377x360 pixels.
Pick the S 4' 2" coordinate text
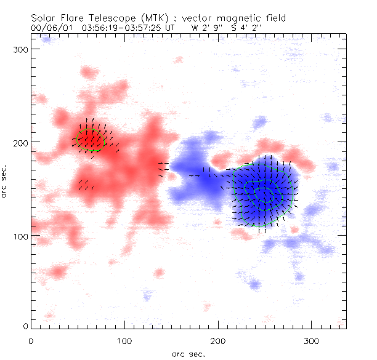tap(245, 28)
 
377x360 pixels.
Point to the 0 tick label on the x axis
tap(30, 340)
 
